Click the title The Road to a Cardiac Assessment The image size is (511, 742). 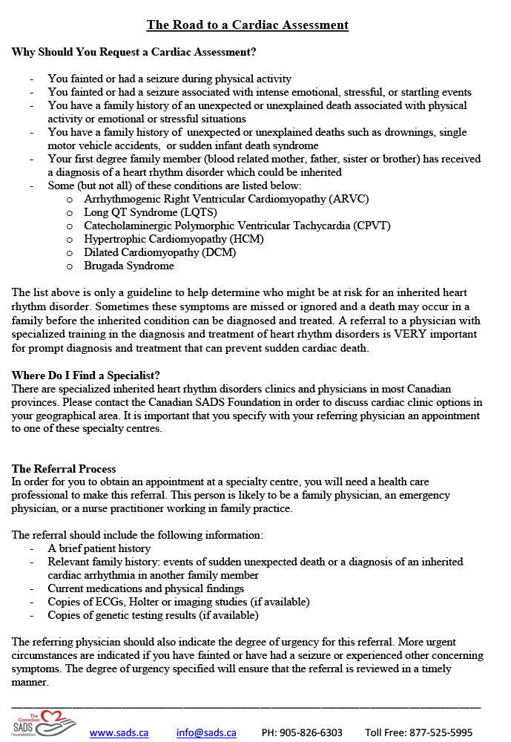(x=247, y=24)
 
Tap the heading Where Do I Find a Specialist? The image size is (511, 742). (x=86, y=375)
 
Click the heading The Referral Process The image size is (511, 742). (x=64, y=469)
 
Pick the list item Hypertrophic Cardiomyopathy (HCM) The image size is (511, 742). (x=174, y=239)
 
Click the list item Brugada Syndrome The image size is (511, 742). (x=129, y=266)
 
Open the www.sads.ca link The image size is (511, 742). (x=119, y=732)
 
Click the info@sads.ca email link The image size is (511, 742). (x=206, y=732)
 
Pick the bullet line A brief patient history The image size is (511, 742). (x=99, y=548)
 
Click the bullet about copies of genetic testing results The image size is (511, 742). (x=153, y=615)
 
